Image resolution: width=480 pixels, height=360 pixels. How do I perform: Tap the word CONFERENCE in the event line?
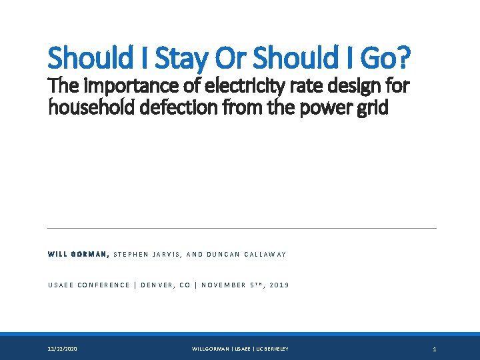click(103, 285)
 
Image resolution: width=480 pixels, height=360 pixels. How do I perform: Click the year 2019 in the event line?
click(280, 285)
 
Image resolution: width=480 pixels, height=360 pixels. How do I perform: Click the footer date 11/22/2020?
click(62, 349)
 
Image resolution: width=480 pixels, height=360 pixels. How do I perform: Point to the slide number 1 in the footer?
click(434, 349)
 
